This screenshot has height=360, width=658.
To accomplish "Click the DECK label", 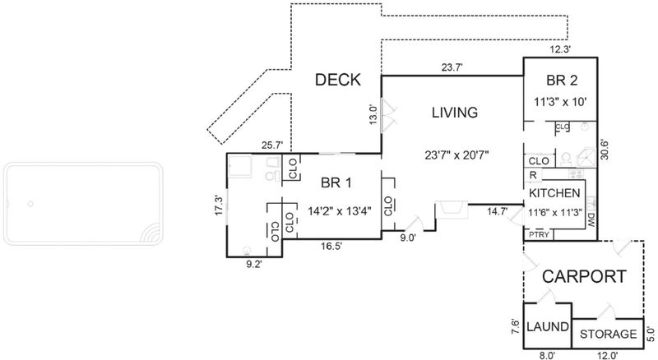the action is tap(338, 80).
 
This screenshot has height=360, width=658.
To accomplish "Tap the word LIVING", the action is tap(455, 113).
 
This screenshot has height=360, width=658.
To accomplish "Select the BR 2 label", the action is tap(562, 81).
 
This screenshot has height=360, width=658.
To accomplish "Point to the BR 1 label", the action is tap(336, 183).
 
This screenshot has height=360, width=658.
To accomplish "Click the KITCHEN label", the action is tap(554, 193).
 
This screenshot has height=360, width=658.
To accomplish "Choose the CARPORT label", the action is tap(584, 277).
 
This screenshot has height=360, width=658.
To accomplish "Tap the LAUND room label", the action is tap(548, 326).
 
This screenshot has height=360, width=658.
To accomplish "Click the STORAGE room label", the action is tap(608, 334).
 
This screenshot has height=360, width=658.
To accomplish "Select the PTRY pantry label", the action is tap(539, 234).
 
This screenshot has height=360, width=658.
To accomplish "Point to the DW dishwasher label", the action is tap(591, 219).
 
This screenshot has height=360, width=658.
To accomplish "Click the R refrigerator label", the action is tap(533, 175).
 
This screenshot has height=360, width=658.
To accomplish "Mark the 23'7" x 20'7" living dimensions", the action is tap(456, 155).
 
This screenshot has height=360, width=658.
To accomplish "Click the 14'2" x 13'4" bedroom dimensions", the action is tap(340, 210).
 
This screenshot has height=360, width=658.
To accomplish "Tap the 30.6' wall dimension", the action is tap(605, 150).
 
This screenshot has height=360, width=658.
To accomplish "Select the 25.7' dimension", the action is tap(273, 145).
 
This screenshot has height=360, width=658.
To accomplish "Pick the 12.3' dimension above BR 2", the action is tap(560, 49).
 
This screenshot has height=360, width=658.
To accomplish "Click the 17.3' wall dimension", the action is tap(219, 205).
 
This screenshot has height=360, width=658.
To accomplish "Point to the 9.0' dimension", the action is tap(408, 238).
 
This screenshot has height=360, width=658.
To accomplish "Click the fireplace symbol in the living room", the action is tap(452, 210).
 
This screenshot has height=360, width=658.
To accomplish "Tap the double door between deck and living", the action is tap(388, 116).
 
